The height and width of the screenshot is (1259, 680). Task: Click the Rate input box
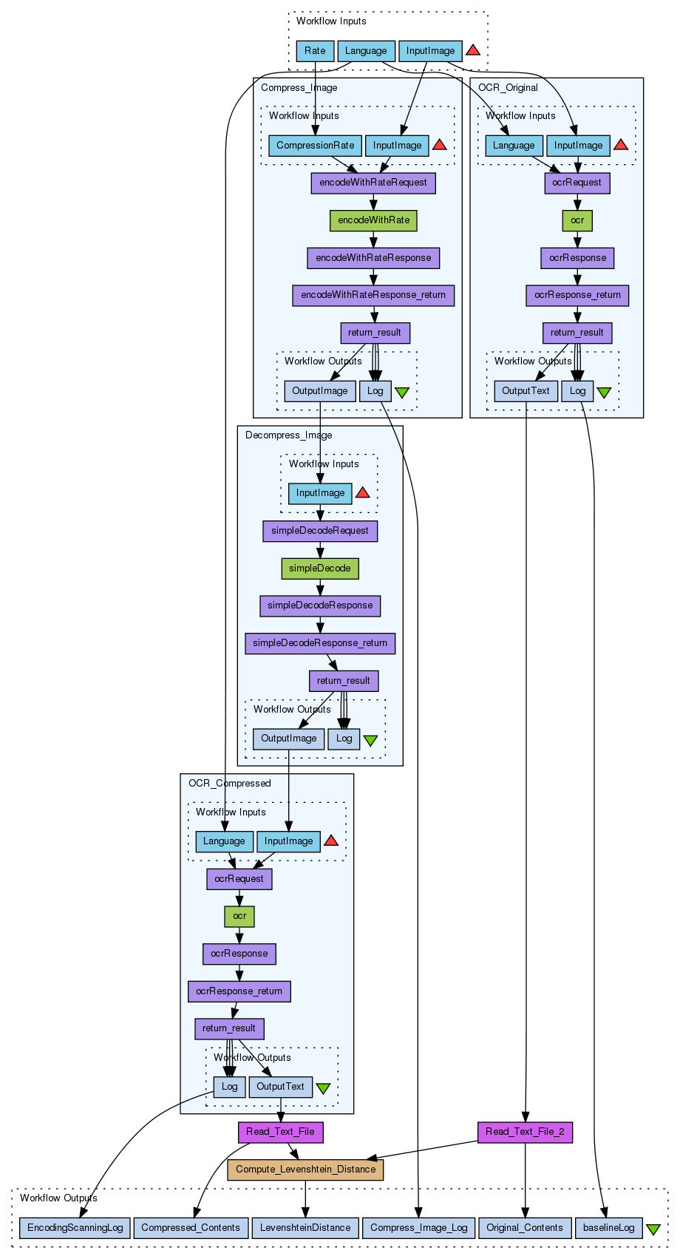(315, 51)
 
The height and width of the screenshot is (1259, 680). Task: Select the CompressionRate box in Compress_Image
(315, 146)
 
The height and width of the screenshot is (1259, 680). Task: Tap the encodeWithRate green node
(373, 220)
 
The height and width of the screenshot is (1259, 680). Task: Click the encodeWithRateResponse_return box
(373, 295)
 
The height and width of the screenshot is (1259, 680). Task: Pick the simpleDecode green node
(319, 569)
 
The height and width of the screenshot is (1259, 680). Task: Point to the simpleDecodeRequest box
(319, 531)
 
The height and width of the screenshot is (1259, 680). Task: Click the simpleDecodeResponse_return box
(319, 643)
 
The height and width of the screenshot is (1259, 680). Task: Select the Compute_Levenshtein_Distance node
(305, 1170)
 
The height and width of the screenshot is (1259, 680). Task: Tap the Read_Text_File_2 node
(525, 1132)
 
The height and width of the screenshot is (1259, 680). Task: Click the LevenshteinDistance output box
(305, 1228)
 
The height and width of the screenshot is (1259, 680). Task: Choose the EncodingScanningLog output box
(75, 1228)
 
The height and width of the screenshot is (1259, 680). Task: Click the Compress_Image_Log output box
(418, 1228)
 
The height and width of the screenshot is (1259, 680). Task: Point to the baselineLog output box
(608, 1228)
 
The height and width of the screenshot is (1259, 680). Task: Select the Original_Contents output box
(525, 1228)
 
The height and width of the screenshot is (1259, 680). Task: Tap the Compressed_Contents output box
(191, 1228)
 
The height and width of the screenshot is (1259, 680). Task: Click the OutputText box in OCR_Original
(526, 391)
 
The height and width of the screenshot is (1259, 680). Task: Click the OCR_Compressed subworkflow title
(229, 784)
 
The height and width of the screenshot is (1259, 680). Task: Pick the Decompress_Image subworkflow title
(288, 435)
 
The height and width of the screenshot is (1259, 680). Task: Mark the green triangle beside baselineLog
(653, 1229)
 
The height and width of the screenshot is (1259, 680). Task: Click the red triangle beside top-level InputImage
(473, 50)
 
